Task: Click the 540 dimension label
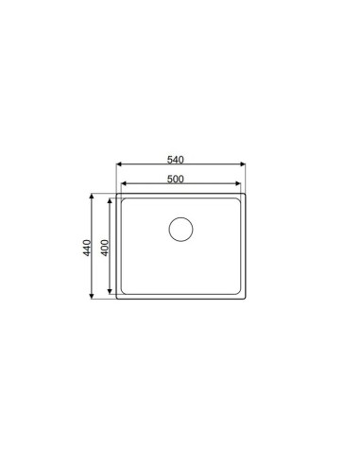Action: tap(175, 160)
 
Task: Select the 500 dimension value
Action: tap(175, 179)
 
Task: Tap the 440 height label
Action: tap(87, 248)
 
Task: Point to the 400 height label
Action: tap(105, 248)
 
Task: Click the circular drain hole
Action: tap(180, 230)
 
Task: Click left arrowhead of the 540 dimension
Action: tap(119, 164)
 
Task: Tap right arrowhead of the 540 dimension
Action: tap(243, 164)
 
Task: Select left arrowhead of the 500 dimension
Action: tap(124, 183)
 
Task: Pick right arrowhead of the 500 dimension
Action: tap(238, 183)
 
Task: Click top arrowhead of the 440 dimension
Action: tap(92, 197)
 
